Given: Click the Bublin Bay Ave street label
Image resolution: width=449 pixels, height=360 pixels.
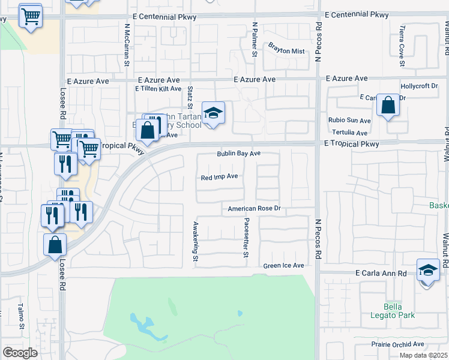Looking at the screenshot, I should coord(238,154).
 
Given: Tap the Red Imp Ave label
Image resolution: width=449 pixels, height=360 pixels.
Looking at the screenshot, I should coord(220,177).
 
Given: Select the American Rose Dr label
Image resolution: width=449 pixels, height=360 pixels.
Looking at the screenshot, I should coord(255,209).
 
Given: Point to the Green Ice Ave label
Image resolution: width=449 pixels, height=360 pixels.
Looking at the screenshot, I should coord(283,265).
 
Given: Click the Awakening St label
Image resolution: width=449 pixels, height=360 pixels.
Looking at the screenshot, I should coord(195,242).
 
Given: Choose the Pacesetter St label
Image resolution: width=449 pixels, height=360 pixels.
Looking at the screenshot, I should coord(246,238).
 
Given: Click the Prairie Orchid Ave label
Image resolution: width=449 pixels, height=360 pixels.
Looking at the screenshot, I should coord(397,344).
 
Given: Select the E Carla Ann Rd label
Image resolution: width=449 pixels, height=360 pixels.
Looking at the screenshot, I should coord(381,273).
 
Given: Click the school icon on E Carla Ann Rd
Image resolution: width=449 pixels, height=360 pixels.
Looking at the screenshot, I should coord(428,271).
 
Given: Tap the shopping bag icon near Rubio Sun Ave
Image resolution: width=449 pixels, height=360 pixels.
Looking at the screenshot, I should coord(388,106).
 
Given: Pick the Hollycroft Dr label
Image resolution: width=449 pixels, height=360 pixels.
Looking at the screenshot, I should coord(419,86).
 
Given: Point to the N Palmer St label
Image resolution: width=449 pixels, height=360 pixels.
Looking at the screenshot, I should coord(255,40).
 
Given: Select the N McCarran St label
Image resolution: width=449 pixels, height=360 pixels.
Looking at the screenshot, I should coord(127,45).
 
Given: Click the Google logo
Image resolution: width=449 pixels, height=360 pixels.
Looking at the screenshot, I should coord(20,352).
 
